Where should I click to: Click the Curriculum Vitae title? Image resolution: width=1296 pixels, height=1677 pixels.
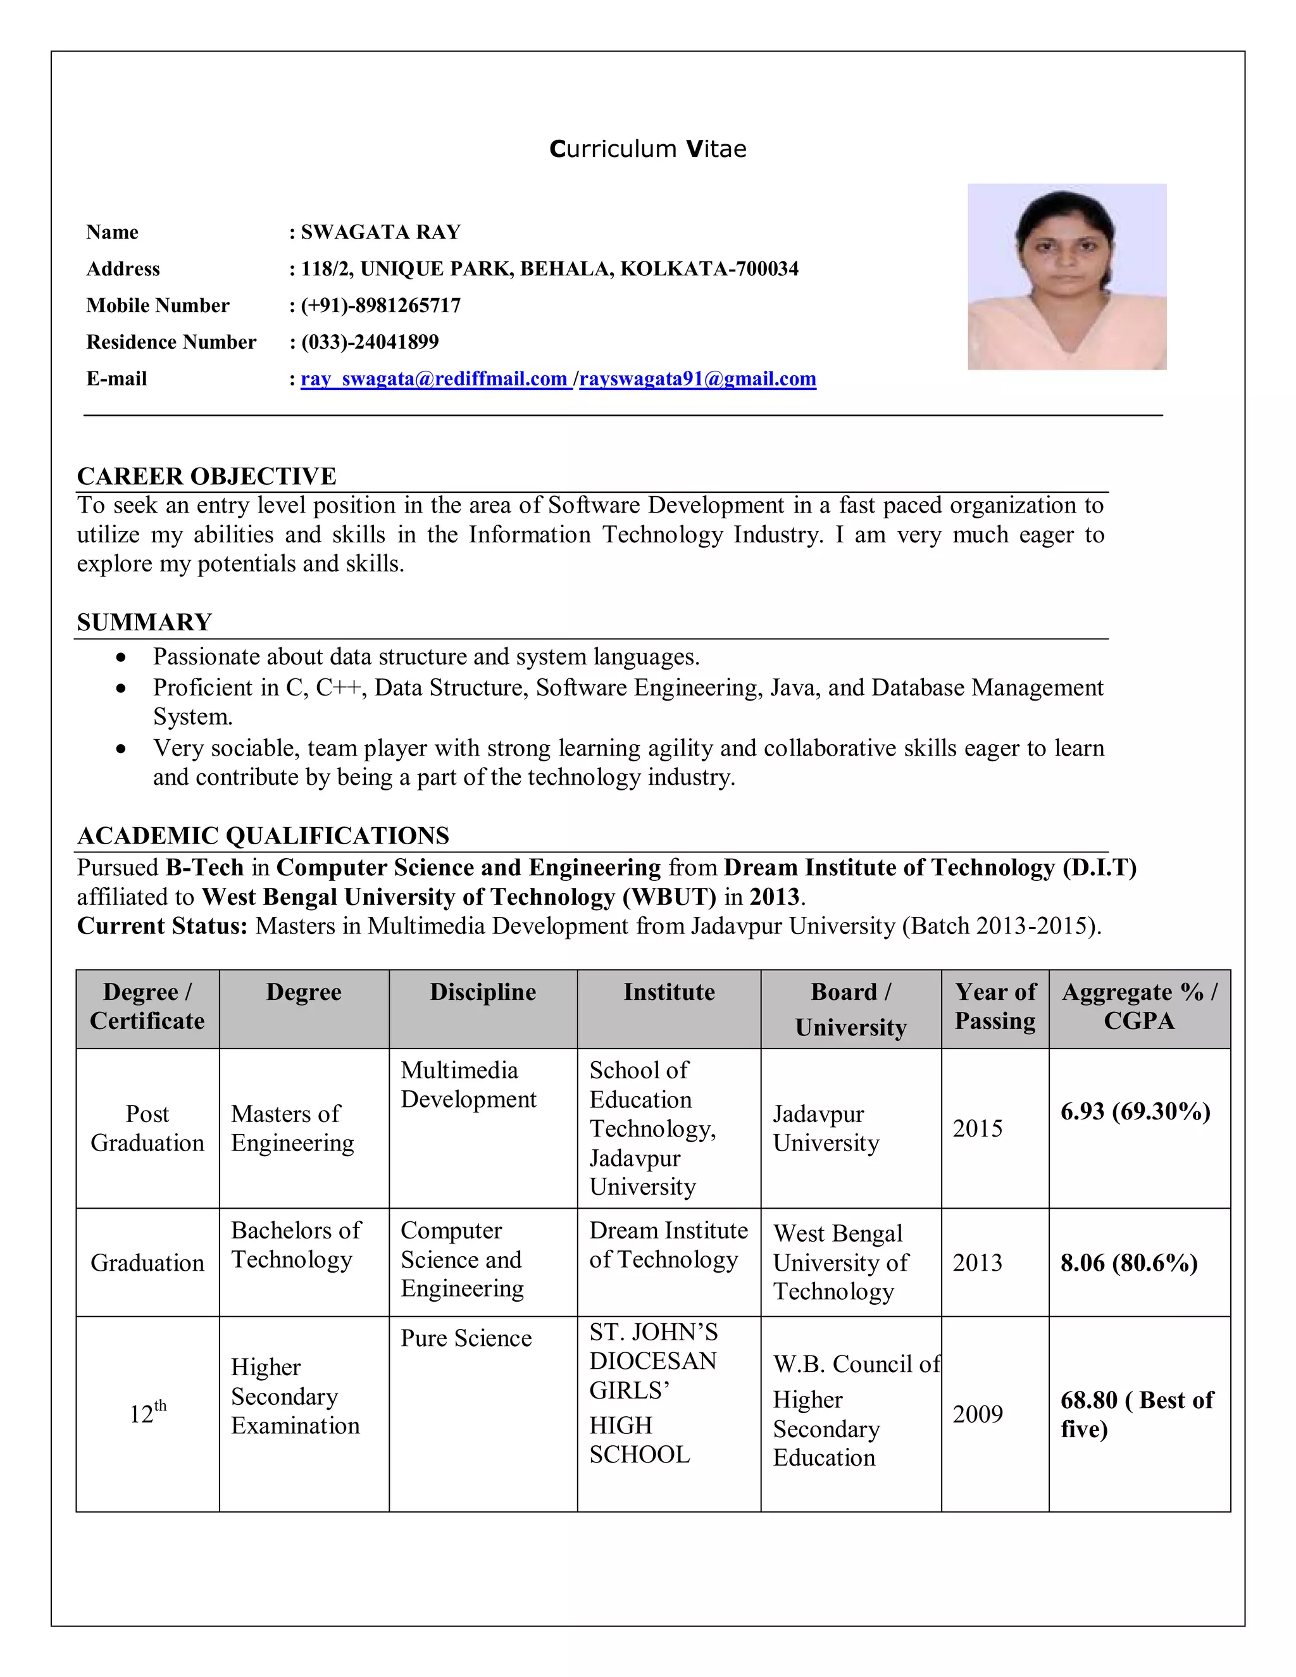[647, 149]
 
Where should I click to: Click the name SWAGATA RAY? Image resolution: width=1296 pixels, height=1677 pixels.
[381, 232]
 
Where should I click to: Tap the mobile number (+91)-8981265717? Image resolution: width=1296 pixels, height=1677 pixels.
[381, 306]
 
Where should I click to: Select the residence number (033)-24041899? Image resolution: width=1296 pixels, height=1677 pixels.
[370, 342]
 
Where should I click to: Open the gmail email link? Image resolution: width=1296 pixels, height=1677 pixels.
[697, 378]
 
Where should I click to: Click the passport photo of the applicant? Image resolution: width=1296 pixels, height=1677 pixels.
[1066, 277]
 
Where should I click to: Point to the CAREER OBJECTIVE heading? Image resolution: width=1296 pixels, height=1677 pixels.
[206, 476]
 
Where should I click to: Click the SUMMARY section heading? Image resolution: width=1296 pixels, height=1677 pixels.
[144, 622]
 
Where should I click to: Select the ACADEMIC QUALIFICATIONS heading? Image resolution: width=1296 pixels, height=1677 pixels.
[263, 835]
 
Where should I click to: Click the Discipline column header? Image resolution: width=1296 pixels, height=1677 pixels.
[483, 992]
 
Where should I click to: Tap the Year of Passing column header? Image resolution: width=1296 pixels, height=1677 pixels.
[995, 1007]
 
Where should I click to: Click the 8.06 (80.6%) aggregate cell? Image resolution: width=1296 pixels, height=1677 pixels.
[1129, 1262]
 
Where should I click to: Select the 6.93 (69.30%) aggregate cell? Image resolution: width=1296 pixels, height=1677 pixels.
[1135, 1111]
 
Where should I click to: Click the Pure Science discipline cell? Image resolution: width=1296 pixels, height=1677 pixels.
[466, 1338]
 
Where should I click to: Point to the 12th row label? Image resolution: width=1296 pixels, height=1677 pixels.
[147, 1413]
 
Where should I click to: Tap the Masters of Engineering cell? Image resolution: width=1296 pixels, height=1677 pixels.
[292, 1128]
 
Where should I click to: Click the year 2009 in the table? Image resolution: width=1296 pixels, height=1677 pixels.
[977, 1414]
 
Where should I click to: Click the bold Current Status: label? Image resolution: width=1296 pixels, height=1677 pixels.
[162, 926]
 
